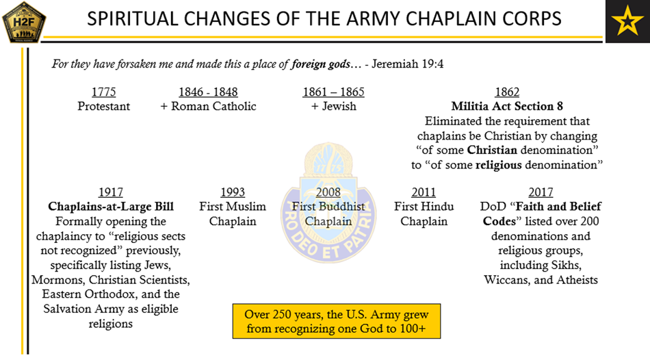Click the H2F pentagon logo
click(24, 22)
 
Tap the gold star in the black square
click(627, 21)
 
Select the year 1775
click(103, 92)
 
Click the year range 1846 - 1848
click(208, 92)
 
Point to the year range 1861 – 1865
click(333, 92)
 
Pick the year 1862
click(507, 92)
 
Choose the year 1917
click(111, 192)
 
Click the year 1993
click(233, 192)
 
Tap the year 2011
click(424, 192)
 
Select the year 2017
click(541, 192)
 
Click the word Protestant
click(103, 107)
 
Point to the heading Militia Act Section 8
click(507, 107)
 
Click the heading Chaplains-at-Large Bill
click(111, 207)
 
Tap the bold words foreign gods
click(320, 64)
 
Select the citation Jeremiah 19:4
click(408, 64)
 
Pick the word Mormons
click(58, 280)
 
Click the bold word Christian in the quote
click(492, 150)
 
